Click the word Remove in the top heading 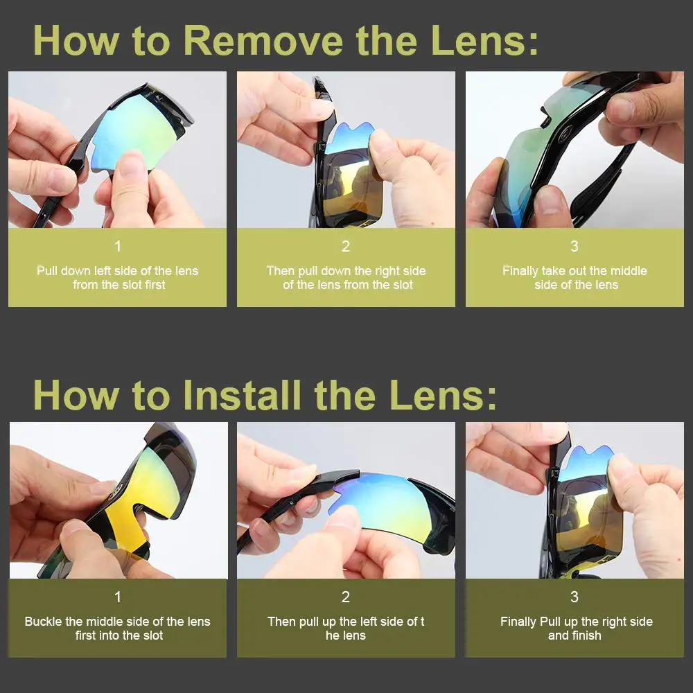pyautogui.click(x=263, y=41)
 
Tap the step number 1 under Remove pyautogui.click(x=118, y=246)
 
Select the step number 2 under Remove pyautogui.click(x=346, y=246)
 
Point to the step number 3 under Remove pyautogui.click(x=574, y=246)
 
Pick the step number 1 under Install pyautogui.click(x=118, y=597)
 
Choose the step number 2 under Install pyautogui.click(x=346, y=597)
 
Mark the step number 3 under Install pyautogui.click(x=574, y=597)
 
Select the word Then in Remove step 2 pyautogui.click(x=280, y=270)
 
